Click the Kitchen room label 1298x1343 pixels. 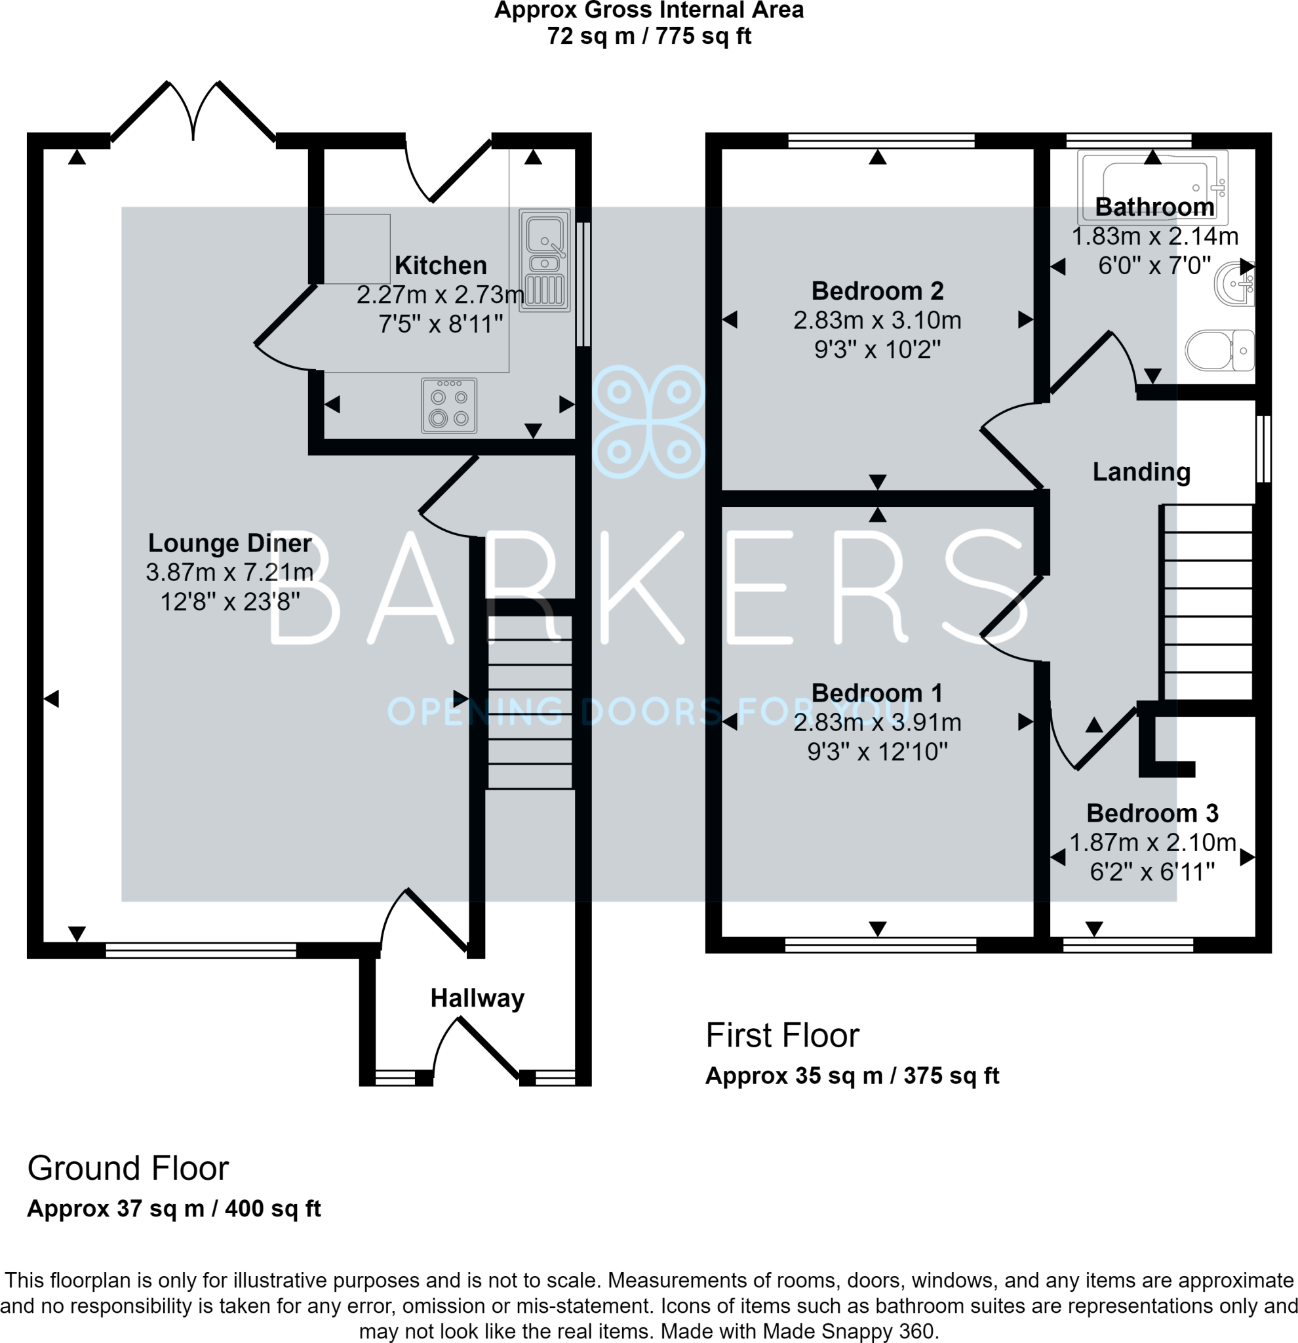click(441, 265)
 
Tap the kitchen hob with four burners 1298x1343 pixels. click(449, 406)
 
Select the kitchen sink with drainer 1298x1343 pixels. click(545, 260)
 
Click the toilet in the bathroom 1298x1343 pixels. click(1219, 350)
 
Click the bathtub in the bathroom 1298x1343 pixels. click(1152, 187)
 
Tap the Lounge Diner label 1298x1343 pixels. click(229, 543)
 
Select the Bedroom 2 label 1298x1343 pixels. click(877, 291)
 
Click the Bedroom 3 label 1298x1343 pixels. click(1152, 813)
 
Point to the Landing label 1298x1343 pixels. click(1141, 471)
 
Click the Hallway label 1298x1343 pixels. click(477, 998)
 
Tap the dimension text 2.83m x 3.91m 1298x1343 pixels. click(877, 723)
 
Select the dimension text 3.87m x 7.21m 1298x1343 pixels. click(229, 572)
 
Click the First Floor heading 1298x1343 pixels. click(782, 1035)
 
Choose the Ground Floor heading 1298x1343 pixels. click(127, 1169)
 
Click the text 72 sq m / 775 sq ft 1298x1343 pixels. click(648, 35)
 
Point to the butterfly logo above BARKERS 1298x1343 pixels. click(648, 421)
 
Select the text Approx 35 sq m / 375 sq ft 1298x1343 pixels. click(852, 1075)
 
